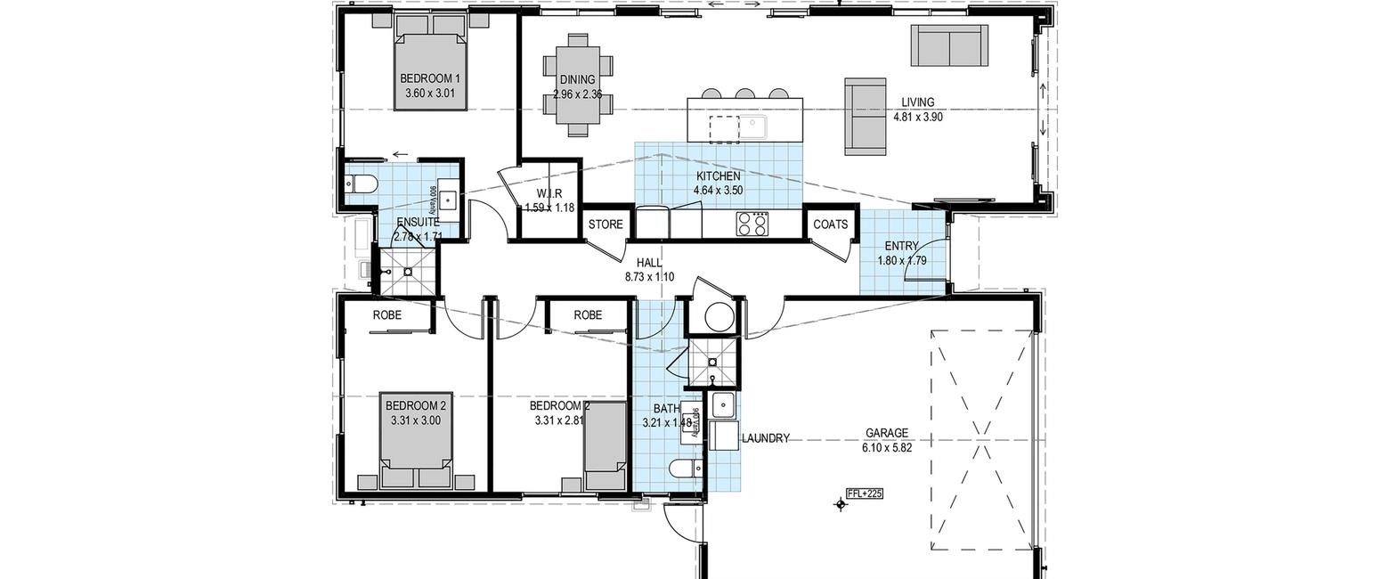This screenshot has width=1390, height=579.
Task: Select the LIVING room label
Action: [917, 102]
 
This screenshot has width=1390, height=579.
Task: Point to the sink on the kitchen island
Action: [754, 126]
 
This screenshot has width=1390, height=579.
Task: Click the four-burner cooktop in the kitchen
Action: [752, 224]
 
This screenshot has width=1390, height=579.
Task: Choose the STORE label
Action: [606, 224]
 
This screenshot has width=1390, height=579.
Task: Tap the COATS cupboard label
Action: [831, 224]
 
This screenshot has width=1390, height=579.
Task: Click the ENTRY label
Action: [902, 247]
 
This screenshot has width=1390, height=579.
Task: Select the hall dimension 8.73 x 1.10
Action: [649, 277]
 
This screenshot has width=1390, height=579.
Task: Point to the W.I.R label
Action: [547, 194]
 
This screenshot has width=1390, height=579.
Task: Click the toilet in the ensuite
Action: [362, 185]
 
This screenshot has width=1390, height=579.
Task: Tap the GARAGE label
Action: [887, 434]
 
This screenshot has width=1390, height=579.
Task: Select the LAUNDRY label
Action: [765, 438]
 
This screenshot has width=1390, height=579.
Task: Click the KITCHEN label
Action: [719, 176]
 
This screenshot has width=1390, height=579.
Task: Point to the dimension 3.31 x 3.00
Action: [415, 420]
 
